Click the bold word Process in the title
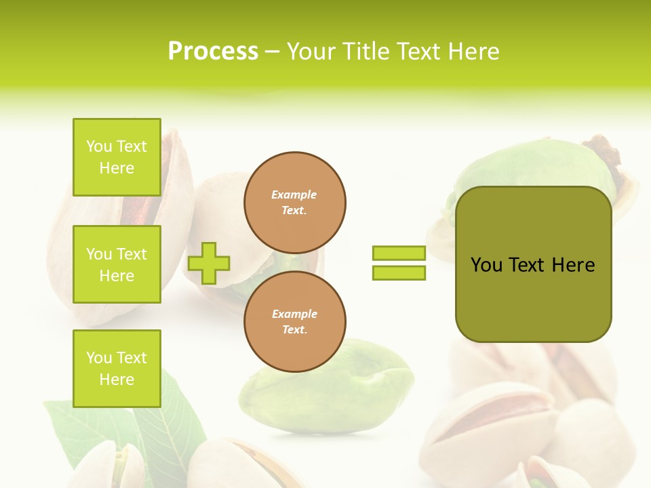coord(213,51)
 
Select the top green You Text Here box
coord(117,157)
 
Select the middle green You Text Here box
coord(117,264)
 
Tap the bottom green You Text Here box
coord(117,369)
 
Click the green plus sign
coord(209,263)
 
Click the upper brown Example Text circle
coord(294,203)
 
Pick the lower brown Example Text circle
coord(294,321)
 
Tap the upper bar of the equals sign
coord(399,253)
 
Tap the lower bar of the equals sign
coord(399,272)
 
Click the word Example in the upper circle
coord(294,195)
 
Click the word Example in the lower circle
coord(294,314)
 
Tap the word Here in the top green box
coord(117,168)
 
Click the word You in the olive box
coord(486,265)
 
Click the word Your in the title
coord(313,51)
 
